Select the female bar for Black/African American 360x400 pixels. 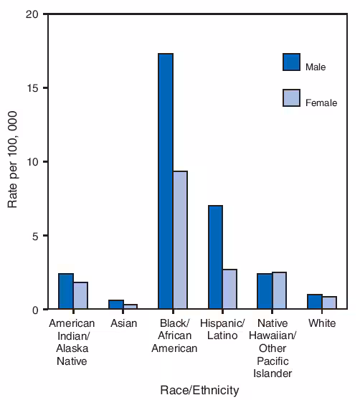[x=180, y=240]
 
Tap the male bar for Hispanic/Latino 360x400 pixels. [x=215, y=257]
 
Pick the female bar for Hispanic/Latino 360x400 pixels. [x=229, y=290]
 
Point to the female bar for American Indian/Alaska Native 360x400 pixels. [x=80, y=296]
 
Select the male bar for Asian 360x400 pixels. [x=116, y=305]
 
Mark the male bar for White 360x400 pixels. [x=315, y=302]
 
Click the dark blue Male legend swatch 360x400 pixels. [x=292, y=62]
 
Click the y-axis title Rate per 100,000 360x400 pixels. [x=13, y=162]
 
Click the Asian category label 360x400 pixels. [x=123, y=324]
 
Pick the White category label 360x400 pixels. [x=322, y=324]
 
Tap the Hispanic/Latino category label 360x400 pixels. [x=222, y=330]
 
